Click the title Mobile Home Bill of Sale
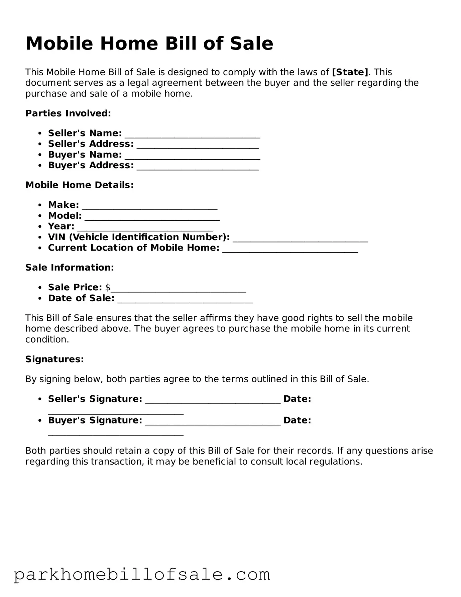coord(149,43)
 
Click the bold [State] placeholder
coord(350,72)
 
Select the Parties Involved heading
coord(68,113)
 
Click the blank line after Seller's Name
coord(192,135)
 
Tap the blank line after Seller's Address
coord(198,145)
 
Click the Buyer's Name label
coord(85,155)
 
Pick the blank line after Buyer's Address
coord(198,167)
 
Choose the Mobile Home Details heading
coord(79,185)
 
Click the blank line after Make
coord(150,206)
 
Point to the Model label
coord(65,215)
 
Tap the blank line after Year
coord(145,228)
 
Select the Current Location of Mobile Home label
coord(134,247)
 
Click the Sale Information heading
coord(70,268)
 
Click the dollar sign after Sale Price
coord(108,287)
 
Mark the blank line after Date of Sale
coord(185,300)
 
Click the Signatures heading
coord(54,359)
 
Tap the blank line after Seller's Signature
coord(213,400)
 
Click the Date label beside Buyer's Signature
coord(297,420)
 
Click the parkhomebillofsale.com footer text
coord(142,575)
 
